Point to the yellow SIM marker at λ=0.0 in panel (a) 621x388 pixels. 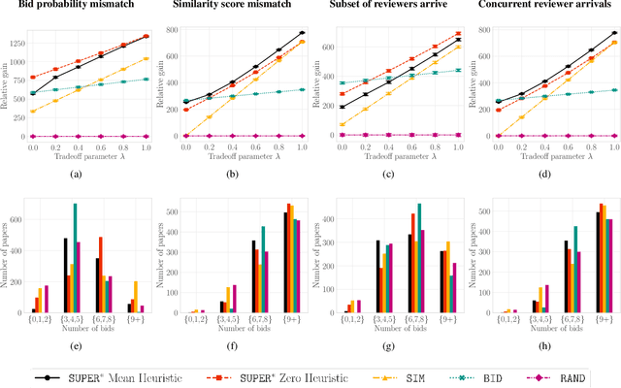tap(33, 112)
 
